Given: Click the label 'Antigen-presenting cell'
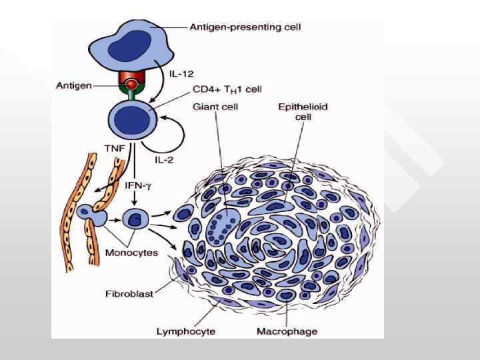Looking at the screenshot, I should coord(245,27).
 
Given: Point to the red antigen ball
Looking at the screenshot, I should coord(132,85).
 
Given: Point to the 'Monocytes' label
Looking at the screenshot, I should coord(131,253).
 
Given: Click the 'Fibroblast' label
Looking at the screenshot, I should coord(129,293).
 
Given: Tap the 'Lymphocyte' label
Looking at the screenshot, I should coord(185,331).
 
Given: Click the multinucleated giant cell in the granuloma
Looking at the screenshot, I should coord(223,227).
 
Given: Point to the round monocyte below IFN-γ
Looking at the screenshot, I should coord(137,217).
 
